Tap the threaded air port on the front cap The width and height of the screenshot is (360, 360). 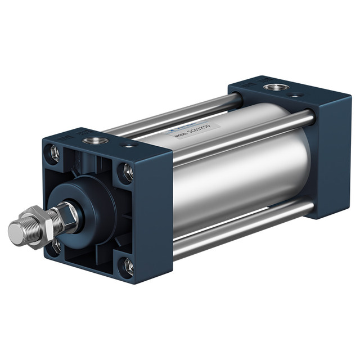[x=96, y=140]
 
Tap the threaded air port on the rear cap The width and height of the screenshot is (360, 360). [x=275, y=87]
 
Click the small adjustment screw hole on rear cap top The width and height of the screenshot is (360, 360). [x=295, y=96]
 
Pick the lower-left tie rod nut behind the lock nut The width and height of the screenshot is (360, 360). [x=56, y=246]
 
